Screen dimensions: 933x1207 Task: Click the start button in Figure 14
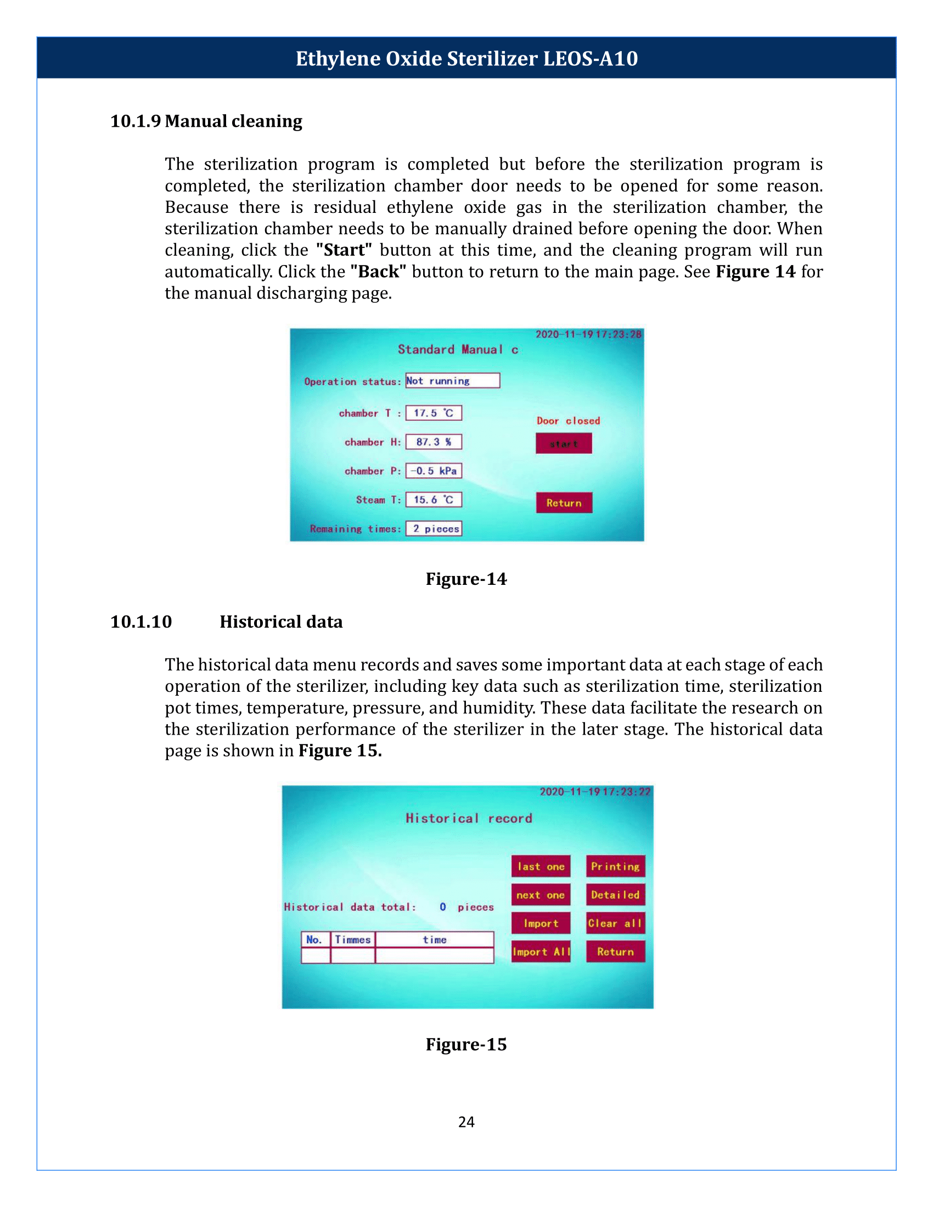563,443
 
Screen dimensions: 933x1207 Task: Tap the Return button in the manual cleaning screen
564,503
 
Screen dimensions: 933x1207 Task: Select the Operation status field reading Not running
452,380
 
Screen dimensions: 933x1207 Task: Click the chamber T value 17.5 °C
434,413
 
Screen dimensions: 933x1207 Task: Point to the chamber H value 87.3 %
434,442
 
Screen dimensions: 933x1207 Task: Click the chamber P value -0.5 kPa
434,470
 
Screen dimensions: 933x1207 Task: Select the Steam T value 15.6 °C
434,500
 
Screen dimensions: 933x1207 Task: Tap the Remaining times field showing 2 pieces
434,528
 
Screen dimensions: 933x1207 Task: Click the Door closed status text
567,421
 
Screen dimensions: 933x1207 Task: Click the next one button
541,895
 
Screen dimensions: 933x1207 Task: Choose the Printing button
615,866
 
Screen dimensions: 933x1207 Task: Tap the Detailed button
615,895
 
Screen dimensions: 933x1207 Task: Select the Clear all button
615,923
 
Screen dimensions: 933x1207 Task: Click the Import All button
541,952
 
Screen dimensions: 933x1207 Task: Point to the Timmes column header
353,939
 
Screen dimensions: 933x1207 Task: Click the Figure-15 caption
466,1044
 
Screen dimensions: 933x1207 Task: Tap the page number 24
466,1122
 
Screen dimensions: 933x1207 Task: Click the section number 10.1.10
141,622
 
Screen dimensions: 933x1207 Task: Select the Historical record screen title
469,818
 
